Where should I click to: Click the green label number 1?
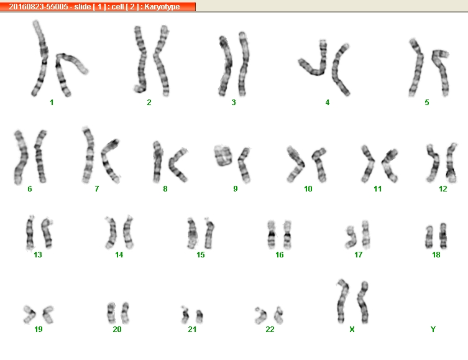click(52, 103)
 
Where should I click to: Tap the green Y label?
click(433, 329)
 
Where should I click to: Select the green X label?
click(352, 329)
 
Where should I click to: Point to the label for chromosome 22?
click(270, 329)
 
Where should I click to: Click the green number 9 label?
click(236, 188)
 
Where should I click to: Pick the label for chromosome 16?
click(279, 255)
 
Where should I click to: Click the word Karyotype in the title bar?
click(162, 7)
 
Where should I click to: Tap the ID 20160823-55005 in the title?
click(39, 7)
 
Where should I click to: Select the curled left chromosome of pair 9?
click(223, 155)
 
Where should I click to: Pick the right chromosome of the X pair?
click(363, 302)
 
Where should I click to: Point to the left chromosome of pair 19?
click(30, 315)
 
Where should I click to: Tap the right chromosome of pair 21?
click(200, 316)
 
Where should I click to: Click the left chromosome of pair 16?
click(271, 235)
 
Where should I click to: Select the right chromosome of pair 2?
click(162, 60)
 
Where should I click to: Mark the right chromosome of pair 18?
click(444, 236)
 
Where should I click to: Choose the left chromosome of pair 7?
click(88, 155)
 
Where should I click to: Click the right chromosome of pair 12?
click(451, 163)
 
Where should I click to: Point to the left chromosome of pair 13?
click(30, 233)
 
